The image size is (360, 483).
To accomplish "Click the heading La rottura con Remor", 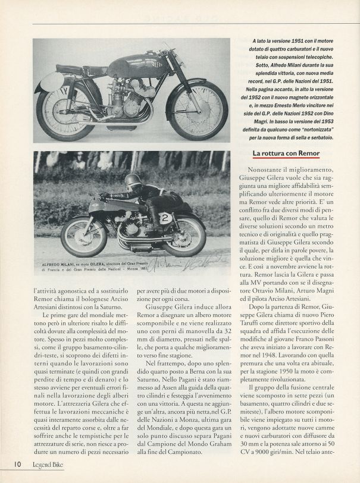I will tap(286, 153).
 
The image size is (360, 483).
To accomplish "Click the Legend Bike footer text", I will tap(45, 463).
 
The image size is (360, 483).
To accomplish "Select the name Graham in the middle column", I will tap(221, 454).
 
